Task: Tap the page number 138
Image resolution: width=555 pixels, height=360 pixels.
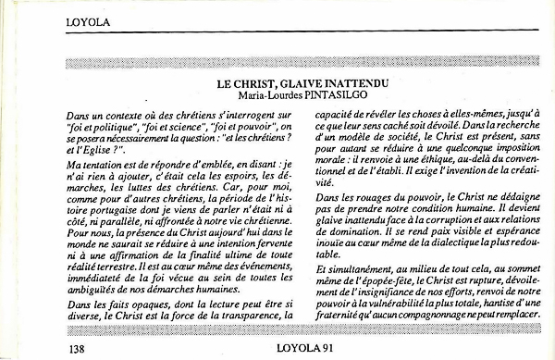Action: pos(79,348)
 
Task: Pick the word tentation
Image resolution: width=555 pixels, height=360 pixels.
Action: pos(98,162)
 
